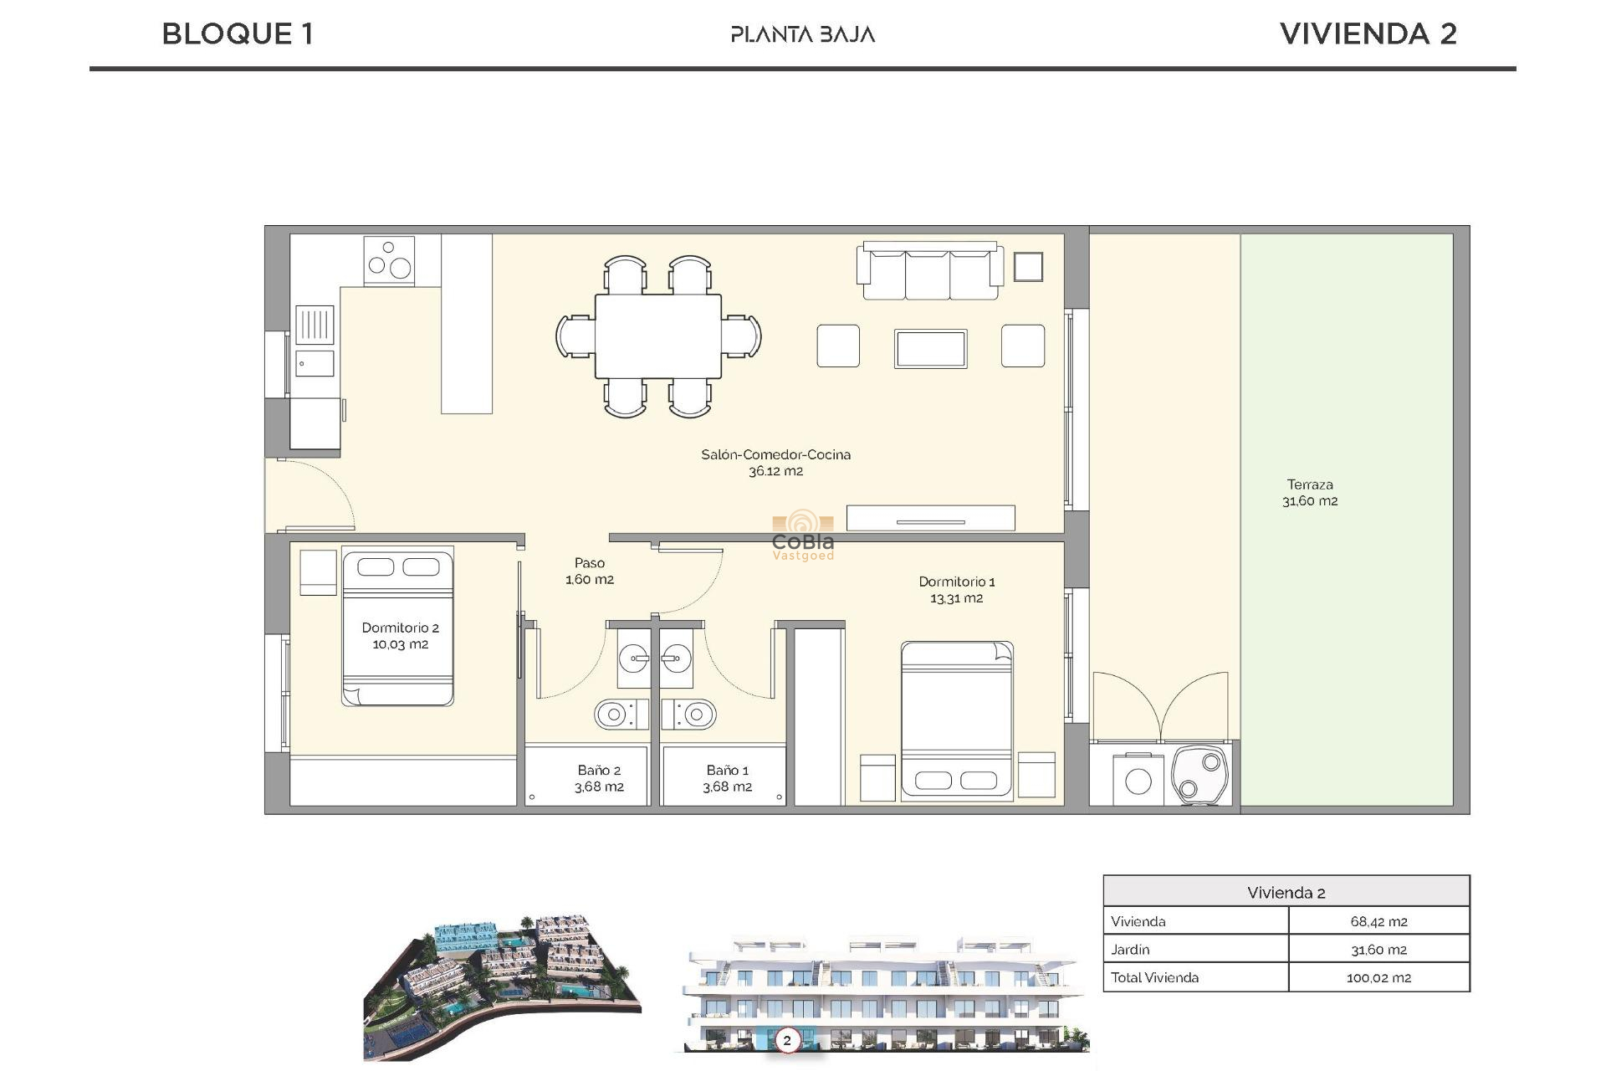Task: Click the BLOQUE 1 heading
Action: [x=238, y=34]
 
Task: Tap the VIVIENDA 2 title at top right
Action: [x=1368, y=34]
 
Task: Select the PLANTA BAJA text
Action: [x=802, y=34]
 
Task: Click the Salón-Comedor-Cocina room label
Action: [x=775, y=462]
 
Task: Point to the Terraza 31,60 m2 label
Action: [x=1310, y=492]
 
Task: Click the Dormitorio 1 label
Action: [x=957, y=589]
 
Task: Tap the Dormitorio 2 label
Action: [x=400, y=635]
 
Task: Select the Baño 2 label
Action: [x=599, y=778]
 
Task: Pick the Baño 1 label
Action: [x=727, y=778]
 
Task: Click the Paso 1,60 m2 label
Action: [x=590, y=571]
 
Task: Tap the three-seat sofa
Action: [x=929, y=271]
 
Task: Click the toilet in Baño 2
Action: [x=620, y=715]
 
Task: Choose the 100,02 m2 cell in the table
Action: [x=1378, y=977]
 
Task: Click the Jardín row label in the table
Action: [x=1130, y=950]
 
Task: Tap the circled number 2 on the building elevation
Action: [x=786, y=1041]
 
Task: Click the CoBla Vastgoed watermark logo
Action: [x=803, y=535]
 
